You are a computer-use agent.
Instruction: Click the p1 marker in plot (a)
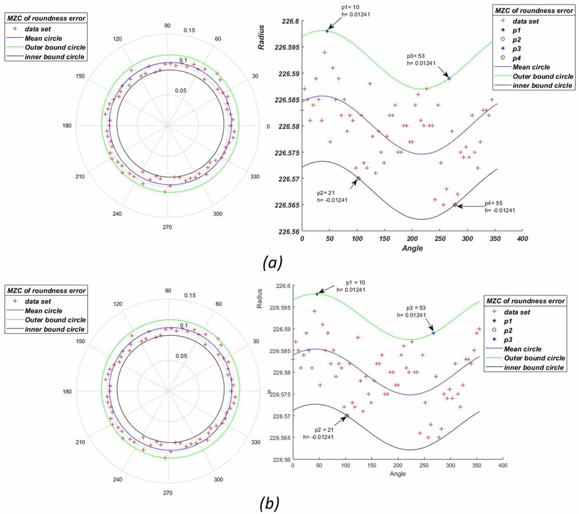(327, 31)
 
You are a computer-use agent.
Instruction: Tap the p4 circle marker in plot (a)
(455, 205)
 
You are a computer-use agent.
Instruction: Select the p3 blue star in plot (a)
(449, 79)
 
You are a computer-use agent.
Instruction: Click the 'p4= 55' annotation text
(494, 203)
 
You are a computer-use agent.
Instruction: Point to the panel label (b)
(269, 503)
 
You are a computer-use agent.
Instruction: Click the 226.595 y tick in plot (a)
(287, 47)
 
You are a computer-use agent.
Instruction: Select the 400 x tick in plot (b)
(503, 465)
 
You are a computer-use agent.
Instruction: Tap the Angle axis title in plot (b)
(397, 474)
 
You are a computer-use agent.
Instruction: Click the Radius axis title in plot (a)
(261, 37)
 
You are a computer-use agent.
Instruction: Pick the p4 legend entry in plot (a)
(516, 58)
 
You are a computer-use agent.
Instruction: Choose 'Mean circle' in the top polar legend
(43, 39)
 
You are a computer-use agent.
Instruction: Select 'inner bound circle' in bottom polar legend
(54, 329)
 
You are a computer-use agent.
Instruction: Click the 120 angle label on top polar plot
(117, 39)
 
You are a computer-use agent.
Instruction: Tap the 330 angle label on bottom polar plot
(256, 442)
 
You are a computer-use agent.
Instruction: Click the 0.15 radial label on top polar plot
(189, 30)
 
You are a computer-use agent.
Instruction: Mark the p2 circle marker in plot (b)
(347, 415)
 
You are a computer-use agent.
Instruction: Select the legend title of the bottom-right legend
(525, 301)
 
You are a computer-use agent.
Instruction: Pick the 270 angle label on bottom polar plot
(167, 493)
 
